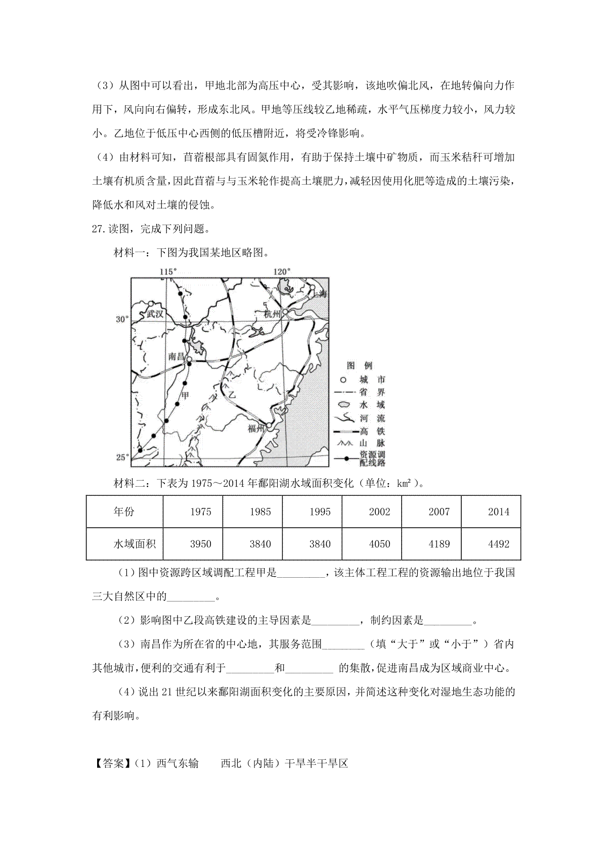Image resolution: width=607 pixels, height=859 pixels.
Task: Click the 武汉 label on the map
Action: pyautogui.click(x=155, y=314)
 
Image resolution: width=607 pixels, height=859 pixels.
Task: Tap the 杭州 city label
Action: pyautogui.click(x=272, y=314)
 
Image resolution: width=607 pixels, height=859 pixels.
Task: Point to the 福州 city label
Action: pyautogui.click(x=256, y=429)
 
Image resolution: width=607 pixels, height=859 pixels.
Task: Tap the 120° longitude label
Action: pyautogui.click(x=282, y=272)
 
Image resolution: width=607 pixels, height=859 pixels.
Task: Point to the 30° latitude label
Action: pyautogui.click(x=122, y=319)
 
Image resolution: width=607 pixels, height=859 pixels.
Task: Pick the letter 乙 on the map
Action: pyautogui.click(x=232, y=394)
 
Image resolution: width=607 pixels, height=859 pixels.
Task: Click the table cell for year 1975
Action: pyautogui.click(x=200, y=511)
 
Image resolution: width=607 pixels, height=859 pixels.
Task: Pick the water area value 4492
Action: pyautogui.click(x=498, y=544)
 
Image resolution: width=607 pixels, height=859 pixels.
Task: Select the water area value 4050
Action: pyautogui.click(x=379, y=544)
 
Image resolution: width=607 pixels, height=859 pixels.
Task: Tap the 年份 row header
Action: pyautogui.click(x=124, y=511)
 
